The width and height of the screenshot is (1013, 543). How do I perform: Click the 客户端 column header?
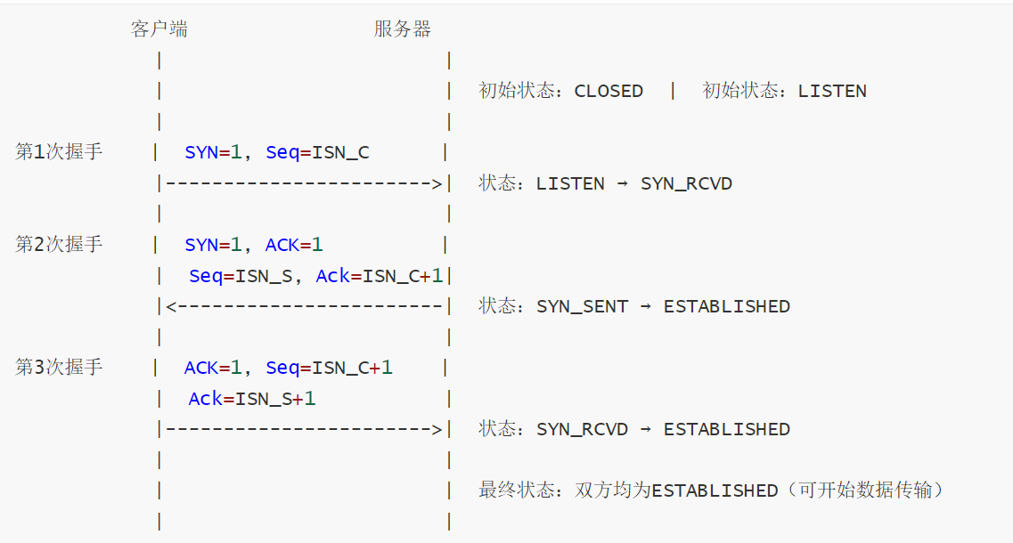pos(159,29)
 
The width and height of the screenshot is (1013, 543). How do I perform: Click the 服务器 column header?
pos(402,29)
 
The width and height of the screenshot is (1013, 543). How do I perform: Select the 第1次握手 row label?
pos(59,151)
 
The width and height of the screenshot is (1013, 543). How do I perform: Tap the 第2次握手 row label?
pos(59,244)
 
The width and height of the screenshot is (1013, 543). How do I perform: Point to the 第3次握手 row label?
pos(59,367)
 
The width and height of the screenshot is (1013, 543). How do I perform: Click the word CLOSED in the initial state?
pos(609,91)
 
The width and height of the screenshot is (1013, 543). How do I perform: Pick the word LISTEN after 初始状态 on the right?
pos(832,91)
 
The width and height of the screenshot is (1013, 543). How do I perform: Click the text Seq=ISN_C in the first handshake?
pos(317,152)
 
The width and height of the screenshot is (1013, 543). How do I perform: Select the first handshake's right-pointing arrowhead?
pos(437,184)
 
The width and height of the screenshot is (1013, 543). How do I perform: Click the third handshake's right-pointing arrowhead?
pos(437,430)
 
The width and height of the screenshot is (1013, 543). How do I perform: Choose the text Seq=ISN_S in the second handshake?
pos(241,276)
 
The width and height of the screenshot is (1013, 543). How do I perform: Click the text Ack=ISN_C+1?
pos(380,276)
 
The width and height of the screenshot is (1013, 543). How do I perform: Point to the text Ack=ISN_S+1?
pos(252,399)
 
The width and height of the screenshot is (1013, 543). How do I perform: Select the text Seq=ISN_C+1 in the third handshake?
pos(329,368)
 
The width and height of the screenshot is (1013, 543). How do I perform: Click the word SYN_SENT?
pos(582,306)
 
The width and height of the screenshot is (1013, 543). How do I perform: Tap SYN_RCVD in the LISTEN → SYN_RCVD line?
pos(686,184)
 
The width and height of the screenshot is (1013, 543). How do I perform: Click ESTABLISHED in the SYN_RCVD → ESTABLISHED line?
pos(727,429)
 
